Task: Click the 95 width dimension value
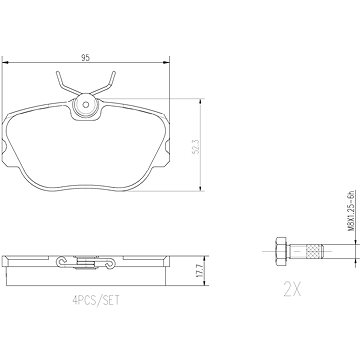[x=86, y=57]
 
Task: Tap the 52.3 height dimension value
[x=197, y=146]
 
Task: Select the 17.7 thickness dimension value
[x=199, y=271]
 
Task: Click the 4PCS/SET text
[x=96, y=301]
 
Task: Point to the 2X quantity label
[x=292, y=289]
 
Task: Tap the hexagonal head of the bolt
[x=282, y=251]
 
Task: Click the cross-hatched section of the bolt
[x=315, y=251]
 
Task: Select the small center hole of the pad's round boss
[x=86, y=105]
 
